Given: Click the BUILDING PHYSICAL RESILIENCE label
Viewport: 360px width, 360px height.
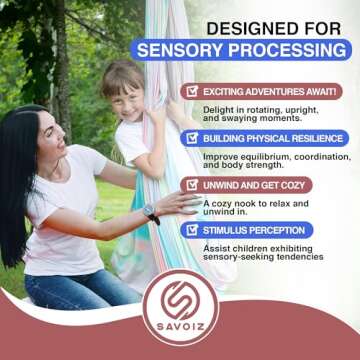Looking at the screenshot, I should [x=276, y=138].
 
